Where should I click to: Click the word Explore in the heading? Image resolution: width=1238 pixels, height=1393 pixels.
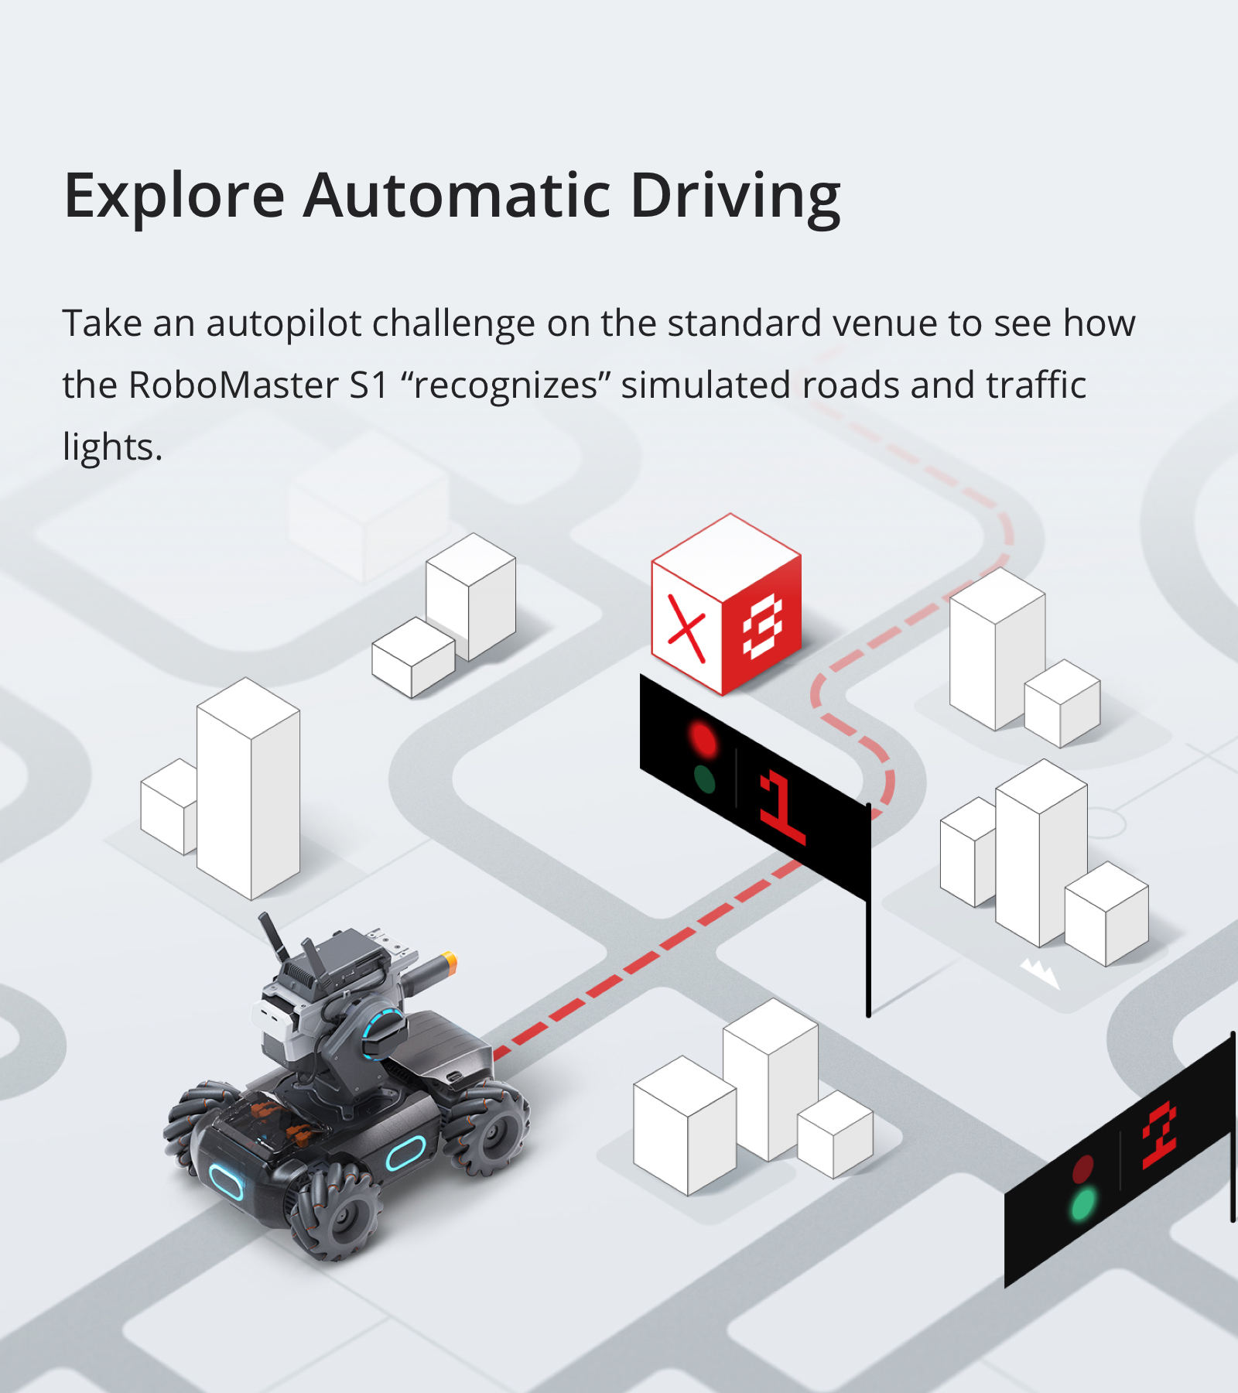coord(174,197)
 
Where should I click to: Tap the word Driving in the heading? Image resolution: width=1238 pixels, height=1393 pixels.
coord(735,197)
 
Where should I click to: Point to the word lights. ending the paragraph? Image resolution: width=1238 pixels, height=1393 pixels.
coord(112,447)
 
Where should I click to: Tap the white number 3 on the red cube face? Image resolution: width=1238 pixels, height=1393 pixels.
coord(763,628)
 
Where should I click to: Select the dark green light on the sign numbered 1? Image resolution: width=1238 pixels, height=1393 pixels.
coord(704,780)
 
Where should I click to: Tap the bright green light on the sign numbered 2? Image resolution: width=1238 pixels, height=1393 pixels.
coord(1082,1203)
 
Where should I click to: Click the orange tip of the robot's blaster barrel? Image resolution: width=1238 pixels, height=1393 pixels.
coord(448,964)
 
